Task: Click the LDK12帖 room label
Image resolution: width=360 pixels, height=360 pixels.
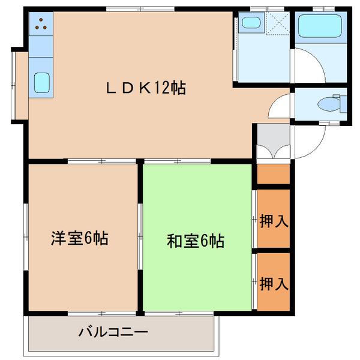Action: (146, 88)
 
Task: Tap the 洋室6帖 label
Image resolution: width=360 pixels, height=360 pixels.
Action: (79, 238)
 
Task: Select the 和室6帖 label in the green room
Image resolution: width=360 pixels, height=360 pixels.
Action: (195, 241)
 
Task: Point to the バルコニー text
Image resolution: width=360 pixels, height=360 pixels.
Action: (113, 331)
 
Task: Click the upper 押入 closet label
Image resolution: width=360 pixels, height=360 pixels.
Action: (274, 221)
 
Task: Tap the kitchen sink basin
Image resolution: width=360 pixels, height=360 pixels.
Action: (41, 82)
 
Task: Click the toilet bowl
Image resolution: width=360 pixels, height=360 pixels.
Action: (329, 104)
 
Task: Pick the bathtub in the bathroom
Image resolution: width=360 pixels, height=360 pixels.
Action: (319, 26)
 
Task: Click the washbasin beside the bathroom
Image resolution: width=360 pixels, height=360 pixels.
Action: (250, 24)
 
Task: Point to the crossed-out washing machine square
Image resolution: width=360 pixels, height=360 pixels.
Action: (278, 25)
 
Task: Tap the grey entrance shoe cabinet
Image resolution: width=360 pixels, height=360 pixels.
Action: (273, 143)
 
